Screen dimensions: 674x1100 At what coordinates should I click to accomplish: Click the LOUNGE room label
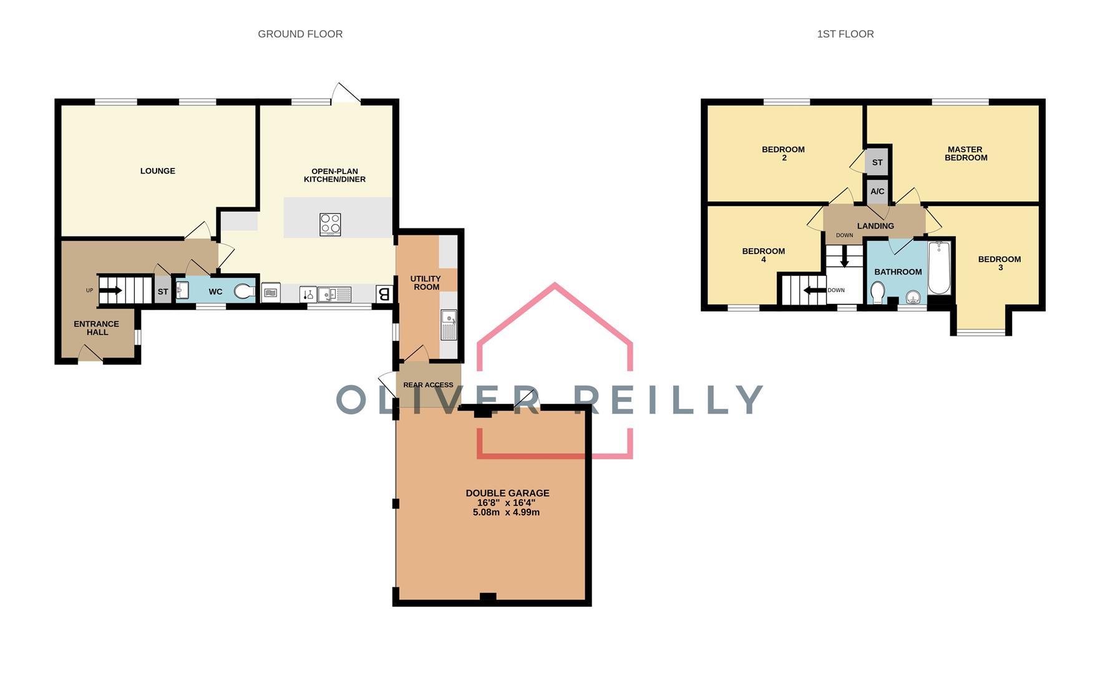tap(157, 171)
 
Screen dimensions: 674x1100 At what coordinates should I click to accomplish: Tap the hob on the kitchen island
tap(330, 224)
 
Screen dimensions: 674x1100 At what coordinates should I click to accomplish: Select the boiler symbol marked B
tap(384, 293)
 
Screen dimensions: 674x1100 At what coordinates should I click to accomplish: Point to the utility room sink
tap(449, 324)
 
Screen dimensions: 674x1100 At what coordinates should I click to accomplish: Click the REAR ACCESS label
tap(428, 385)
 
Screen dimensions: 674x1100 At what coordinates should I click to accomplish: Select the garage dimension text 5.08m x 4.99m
tap(506, 512)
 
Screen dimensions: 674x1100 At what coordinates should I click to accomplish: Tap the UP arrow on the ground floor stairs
tap(111, 290)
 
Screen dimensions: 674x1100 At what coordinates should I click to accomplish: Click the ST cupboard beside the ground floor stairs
tap(163, 291)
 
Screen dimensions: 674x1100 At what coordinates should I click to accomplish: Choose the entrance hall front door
tap(90, 356)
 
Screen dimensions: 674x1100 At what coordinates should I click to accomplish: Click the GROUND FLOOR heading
tap(300, 34)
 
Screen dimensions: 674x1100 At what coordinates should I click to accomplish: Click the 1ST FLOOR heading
tap(845, 34)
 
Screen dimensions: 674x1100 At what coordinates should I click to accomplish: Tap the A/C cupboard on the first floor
tap(877, 192)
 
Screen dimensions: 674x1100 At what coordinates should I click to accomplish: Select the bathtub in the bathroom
tap(939, 268)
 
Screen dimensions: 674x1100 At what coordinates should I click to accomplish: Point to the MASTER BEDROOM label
tap(965, 154)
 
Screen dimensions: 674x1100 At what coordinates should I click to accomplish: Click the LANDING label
tap(875, 226)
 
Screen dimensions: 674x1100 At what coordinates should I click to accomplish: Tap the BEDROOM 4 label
tap(763, 255)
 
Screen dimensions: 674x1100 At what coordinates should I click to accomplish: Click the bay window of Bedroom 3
tap(981, 332)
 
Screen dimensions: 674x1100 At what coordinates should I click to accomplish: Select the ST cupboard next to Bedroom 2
tap(877, 162)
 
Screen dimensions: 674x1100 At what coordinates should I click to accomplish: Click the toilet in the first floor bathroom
tap(877, 291)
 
